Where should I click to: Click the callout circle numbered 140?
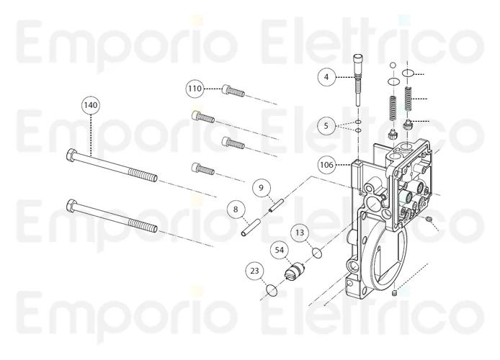point(90,105)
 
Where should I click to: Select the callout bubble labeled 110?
point(195,89)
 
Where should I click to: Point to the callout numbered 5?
point(326,125)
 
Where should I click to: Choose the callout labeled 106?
point(326,165)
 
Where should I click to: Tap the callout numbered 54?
point(280,250)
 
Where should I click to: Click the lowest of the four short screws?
point(203,169)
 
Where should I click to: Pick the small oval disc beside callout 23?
point(271,290)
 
